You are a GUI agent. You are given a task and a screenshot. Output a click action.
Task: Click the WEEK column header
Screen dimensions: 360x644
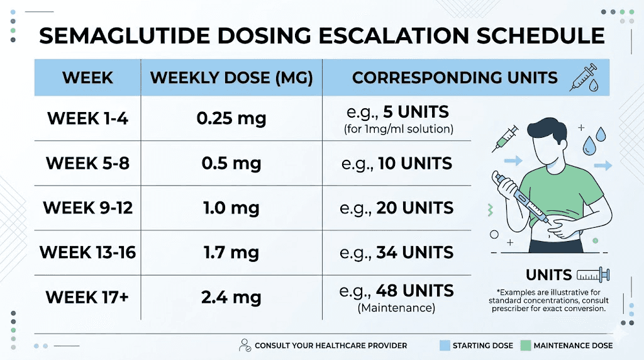(x=87, y=78)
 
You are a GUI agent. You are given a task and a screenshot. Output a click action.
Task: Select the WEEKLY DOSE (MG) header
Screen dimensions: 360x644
(x=231, y=78)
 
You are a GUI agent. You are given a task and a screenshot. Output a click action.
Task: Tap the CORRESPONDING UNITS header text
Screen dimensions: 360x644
(x=455, y=78)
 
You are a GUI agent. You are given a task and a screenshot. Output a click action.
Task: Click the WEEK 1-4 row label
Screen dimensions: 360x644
(x=87, y=118)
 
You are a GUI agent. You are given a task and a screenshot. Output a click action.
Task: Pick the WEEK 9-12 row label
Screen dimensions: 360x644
(x=87, y=208)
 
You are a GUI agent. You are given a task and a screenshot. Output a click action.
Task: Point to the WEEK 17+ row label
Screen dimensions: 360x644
(x=87, y=297)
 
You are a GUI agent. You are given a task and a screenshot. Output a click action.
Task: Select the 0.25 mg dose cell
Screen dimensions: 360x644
(x=231, y=118)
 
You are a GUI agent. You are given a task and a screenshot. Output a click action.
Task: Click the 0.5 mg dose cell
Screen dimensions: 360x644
(x=231, y=164)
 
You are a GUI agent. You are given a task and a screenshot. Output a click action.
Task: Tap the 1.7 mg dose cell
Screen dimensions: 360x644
(x=231, y=253)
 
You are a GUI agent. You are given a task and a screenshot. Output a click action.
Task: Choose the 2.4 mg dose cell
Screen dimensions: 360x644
(x=231, y=297)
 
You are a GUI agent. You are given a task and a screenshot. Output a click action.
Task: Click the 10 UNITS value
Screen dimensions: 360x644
(x=415, y=164)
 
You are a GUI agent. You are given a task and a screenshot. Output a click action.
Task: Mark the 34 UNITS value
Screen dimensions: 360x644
(x=415, y=253)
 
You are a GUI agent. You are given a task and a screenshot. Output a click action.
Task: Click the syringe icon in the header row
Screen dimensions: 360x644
(x=584, y=78)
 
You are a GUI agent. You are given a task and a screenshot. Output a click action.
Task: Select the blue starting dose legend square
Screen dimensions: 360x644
(x=445, y=346)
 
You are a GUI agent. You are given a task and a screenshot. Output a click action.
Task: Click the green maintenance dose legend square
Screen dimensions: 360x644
(x=526, y=346)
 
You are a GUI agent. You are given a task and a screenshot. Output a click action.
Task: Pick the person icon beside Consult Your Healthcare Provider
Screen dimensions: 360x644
(x=245, y=346)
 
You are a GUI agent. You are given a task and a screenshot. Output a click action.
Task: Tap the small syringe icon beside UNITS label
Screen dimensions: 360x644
(x=593, y=274)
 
